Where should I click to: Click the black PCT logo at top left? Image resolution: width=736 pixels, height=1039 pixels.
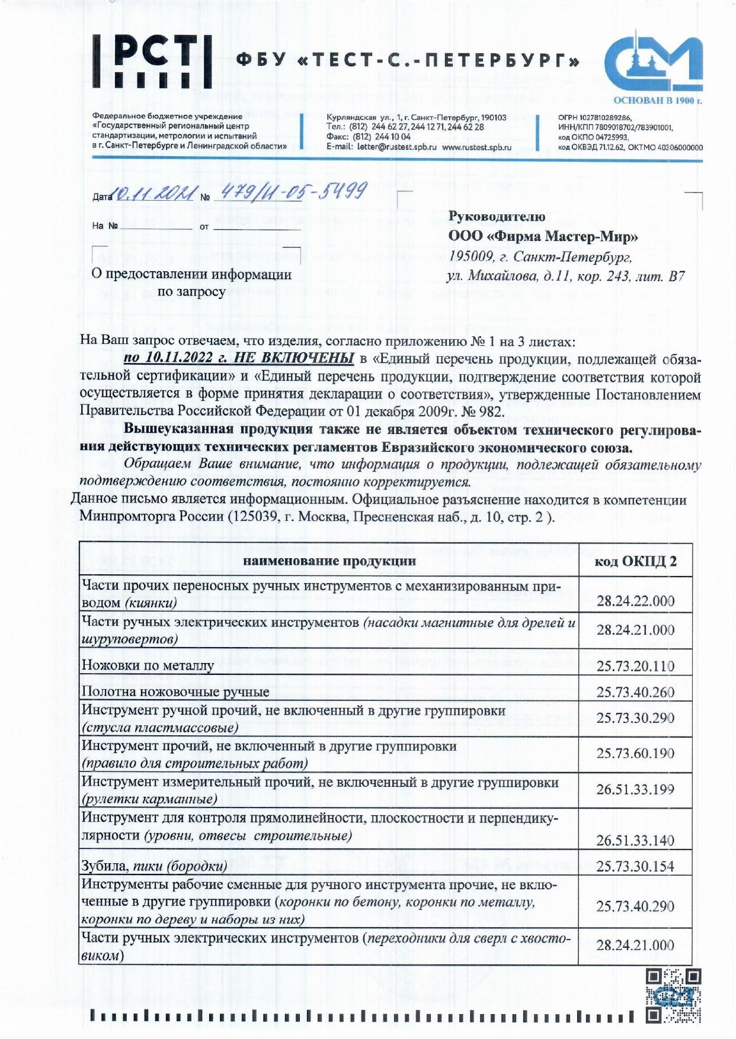(x=152, y=61)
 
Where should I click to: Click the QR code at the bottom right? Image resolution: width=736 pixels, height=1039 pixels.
(x=673, y=996)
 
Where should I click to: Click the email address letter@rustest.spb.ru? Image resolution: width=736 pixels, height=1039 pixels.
(x=397, y=147)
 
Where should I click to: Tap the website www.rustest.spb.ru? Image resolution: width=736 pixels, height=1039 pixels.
(x=476, y=147)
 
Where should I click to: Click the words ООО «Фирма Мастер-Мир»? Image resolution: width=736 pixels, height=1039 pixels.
(x=543, y=237)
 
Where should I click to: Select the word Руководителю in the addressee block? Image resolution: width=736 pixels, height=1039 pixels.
(x=497, y=217)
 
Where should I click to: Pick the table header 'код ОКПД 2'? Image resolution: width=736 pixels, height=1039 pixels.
(x=635, y=561)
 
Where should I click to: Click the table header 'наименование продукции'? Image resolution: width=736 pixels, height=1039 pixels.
(x=329, y=561)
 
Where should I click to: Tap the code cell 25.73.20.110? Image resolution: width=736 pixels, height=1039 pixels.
(x=635, y=666)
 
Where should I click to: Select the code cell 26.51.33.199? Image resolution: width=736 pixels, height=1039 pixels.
(x=635, y=789)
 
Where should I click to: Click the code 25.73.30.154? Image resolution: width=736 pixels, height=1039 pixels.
(x=635, y=866)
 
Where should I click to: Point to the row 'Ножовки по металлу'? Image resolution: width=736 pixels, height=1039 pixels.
(x=148, y=665)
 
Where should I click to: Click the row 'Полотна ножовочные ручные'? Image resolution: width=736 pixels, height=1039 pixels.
(x=175, y=691)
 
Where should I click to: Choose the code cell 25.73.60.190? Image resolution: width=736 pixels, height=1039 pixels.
(x=635, y=754)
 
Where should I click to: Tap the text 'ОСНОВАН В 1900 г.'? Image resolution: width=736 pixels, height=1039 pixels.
(x=657, y=101)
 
